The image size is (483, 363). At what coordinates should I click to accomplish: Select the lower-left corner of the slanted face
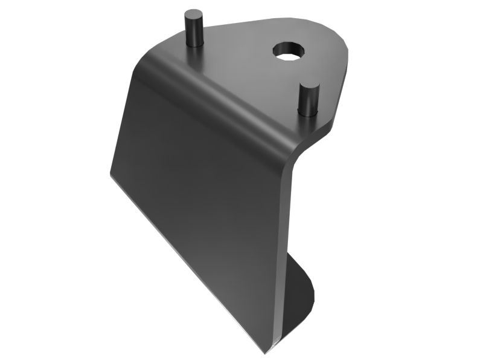point(112,175)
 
